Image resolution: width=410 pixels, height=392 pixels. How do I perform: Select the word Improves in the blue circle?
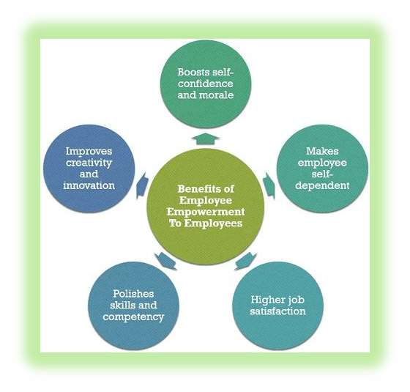pos(89,152)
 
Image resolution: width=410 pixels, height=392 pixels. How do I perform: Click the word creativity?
pos(89,163)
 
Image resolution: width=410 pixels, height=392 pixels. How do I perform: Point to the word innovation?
pos(89,185)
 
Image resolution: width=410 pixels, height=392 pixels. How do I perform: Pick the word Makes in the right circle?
pos(322,151)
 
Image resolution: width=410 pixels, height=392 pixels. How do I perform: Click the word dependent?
pos(322,185)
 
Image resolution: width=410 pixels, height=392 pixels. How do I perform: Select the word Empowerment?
pos(206,212)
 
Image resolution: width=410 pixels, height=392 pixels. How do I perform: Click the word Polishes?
pos(133,294)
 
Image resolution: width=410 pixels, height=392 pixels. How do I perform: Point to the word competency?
pos(133,317)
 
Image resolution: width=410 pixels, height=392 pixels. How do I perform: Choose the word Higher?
pos(265,300)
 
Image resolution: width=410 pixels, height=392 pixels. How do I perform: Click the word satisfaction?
pos(277,311)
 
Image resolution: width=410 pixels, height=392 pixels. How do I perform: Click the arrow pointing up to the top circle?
pos(206,138)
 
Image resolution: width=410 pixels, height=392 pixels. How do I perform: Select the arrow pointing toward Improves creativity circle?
pos(143,185)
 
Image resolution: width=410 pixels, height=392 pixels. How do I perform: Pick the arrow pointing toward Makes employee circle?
pos(269,185)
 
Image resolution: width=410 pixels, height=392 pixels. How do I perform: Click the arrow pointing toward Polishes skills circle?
pos(165,261)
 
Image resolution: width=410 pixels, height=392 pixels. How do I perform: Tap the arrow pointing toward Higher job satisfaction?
pos(246,261)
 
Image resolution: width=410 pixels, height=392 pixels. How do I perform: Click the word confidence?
pos(206,84)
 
